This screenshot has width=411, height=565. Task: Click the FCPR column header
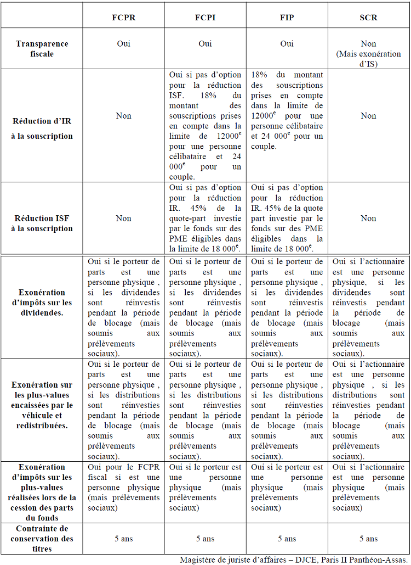coord(123,18)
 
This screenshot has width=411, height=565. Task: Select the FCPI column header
coord(205,18)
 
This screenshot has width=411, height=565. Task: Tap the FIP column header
coord(287,18)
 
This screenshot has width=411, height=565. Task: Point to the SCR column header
coord(368,18)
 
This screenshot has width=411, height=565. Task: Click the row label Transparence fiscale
coord(42,49)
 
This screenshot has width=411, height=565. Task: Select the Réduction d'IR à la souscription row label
coord(42,126)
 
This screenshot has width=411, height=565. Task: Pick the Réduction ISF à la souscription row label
coord(42,223)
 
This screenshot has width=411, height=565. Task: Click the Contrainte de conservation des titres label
coord(42,539)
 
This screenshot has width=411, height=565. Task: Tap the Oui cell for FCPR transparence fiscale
coord(123,44)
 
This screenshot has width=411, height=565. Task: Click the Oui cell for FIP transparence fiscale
coord(287,44)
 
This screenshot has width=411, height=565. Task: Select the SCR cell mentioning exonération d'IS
coord(368,54)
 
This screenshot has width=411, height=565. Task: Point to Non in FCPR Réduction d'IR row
coord(123,116)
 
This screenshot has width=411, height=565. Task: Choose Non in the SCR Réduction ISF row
coord(368,218)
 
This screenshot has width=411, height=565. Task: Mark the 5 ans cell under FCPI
coord(205,539)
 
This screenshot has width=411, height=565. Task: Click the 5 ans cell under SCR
coord(368,539)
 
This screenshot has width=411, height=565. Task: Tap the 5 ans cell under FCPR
coord(123,539)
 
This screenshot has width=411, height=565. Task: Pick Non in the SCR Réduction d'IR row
coord(368,116)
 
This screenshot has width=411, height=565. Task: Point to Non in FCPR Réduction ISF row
coord(123,218)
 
